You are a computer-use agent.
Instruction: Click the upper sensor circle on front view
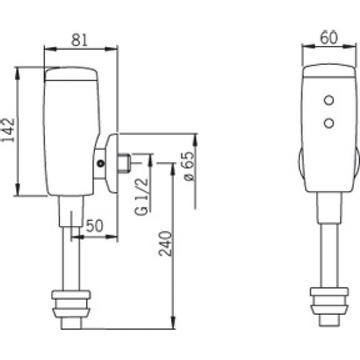click(x=329, y=100)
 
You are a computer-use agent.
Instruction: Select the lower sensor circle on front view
click(x=329, y=123)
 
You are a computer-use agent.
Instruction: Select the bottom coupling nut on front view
click(x=329, y=305)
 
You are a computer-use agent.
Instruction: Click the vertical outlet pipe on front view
click(x=329, y=254)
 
